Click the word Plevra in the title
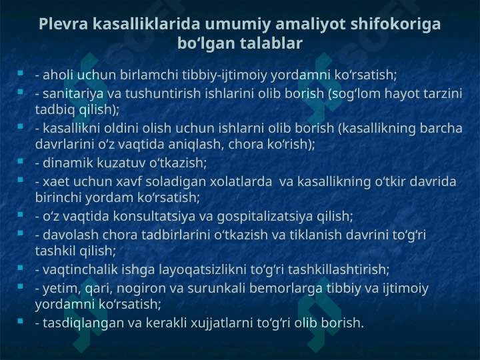[x=63, y=24]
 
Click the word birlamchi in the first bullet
[x=149, y=75]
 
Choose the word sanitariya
[x=73, y=94]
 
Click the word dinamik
[x=68, y=163]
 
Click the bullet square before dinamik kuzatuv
[x=21, y=161]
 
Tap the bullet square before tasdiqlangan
[x=21, y=321]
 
